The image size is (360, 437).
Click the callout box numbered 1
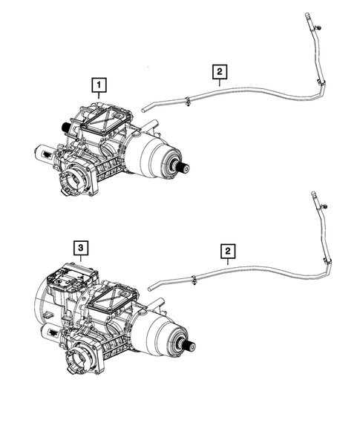(x=97, y=87)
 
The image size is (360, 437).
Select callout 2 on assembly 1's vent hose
(x=219, y=72)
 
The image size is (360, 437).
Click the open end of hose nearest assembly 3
(x=150, y=287)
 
